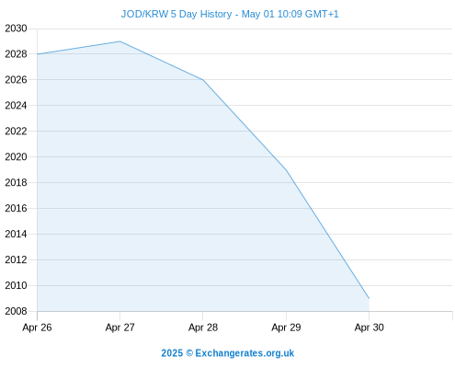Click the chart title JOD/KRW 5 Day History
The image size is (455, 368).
tap(176, 14)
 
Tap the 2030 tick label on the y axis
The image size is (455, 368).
tap(16, 29)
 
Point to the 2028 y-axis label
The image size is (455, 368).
tap(16, 54)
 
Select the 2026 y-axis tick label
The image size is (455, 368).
tap(16, 80)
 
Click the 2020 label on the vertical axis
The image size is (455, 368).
tap(16, 157)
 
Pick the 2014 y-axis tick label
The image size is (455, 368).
tap(16, 235)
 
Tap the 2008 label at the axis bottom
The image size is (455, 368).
tap(16, 311)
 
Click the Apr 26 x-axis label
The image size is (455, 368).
tap(37, 328)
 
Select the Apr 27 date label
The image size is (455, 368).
tap(120, 328)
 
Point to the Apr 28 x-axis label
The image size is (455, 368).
tap(203, 328)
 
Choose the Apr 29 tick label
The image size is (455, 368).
tap(286, 328)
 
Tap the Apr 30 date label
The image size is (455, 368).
tap(370, 328)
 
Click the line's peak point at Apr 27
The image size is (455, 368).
tap(120, 41)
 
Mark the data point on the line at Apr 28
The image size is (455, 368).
tap(203, 80)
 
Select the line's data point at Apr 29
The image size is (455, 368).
tap(286, 170)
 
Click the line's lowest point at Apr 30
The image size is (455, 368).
tap(370, 298)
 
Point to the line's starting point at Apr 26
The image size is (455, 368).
tap(38, 54)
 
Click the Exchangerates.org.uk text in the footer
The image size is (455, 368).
tap(245, 353)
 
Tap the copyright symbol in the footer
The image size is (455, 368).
tap(189, 353)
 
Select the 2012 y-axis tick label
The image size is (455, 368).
tap(16, 260)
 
